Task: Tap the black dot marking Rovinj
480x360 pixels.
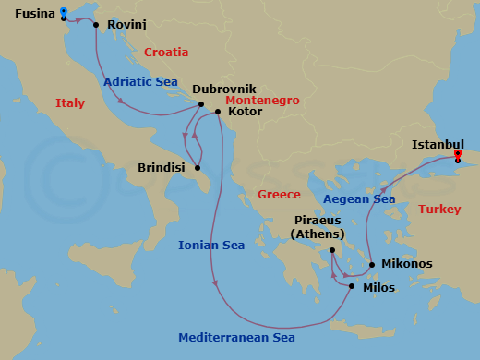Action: [96, 25]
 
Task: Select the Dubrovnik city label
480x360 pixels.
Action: [224, 90]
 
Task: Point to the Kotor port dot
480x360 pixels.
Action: [217, 113]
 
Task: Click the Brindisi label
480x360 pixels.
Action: [161, 168]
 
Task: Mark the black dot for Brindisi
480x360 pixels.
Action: [198, 167]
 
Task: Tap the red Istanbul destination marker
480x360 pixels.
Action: [458, 154]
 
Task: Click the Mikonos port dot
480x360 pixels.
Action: [372, 265]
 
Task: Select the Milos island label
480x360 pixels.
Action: [378, 288]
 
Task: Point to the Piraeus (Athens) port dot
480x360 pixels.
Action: [332, 249]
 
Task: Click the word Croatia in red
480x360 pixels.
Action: [167, 53]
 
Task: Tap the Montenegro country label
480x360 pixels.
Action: [242, 100]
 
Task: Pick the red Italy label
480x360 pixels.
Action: [70, 102]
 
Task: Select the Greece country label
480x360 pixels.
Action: [279, 195]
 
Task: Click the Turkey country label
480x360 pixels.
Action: [439, 210]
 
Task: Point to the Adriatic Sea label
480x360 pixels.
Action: [140, 81]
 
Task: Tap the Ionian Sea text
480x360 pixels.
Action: [211, 245]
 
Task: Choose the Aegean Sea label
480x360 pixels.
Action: [359, 198]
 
